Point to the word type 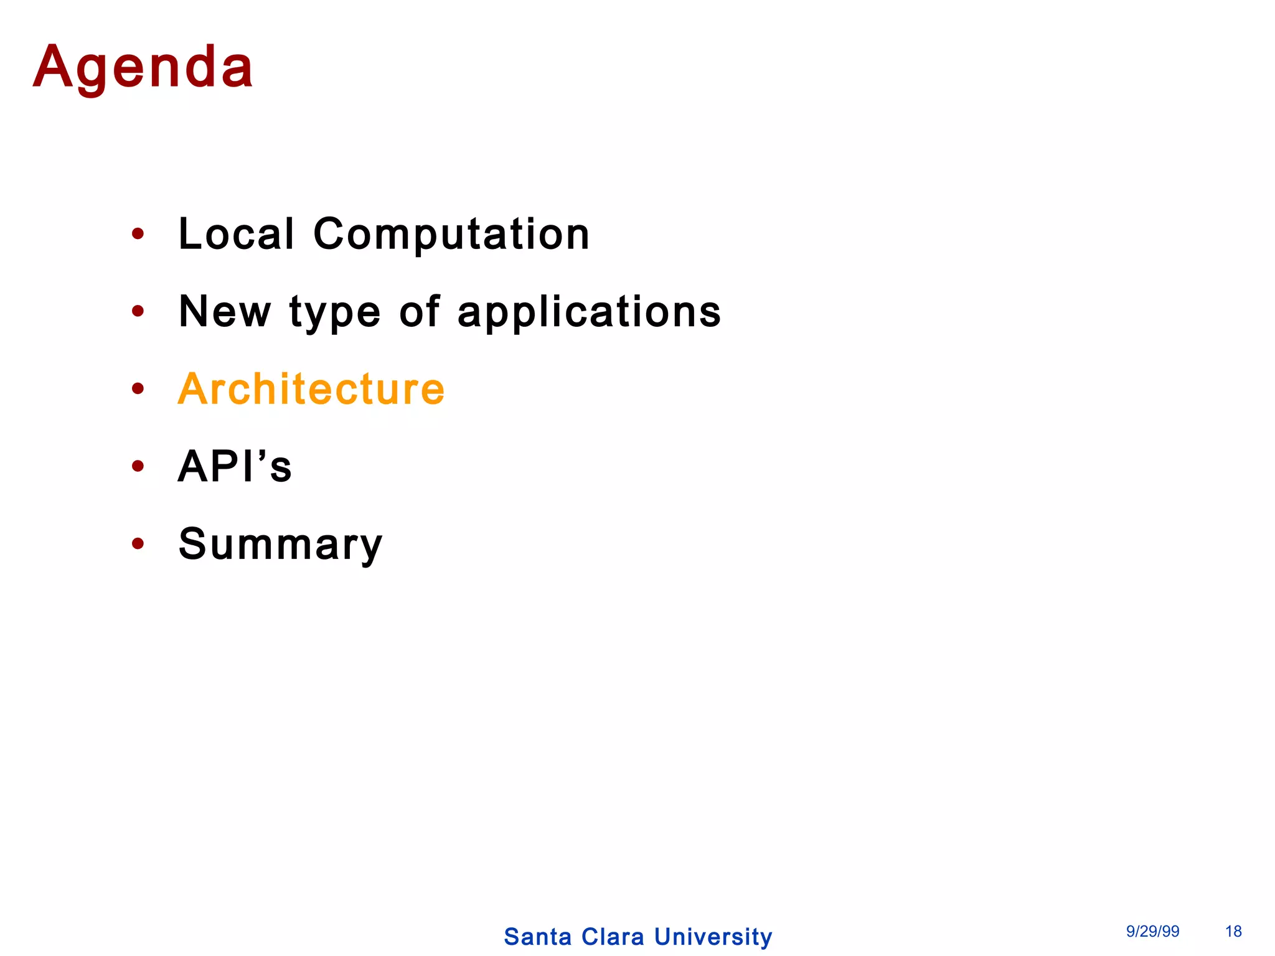click(335, 313)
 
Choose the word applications click(589, 313)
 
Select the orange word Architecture click(311, 390)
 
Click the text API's click(235, 467)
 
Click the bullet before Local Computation click(138, 235)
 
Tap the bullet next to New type click(138, 312)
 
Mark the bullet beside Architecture click(138, 390)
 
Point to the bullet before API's click(138, 467)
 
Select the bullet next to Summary click(138, 544)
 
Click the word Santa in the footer click(538, 937)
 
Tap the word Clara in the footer click(613, 937)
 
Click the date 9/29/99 click(1152, 932)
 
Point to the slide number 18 click(1233, 932)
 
